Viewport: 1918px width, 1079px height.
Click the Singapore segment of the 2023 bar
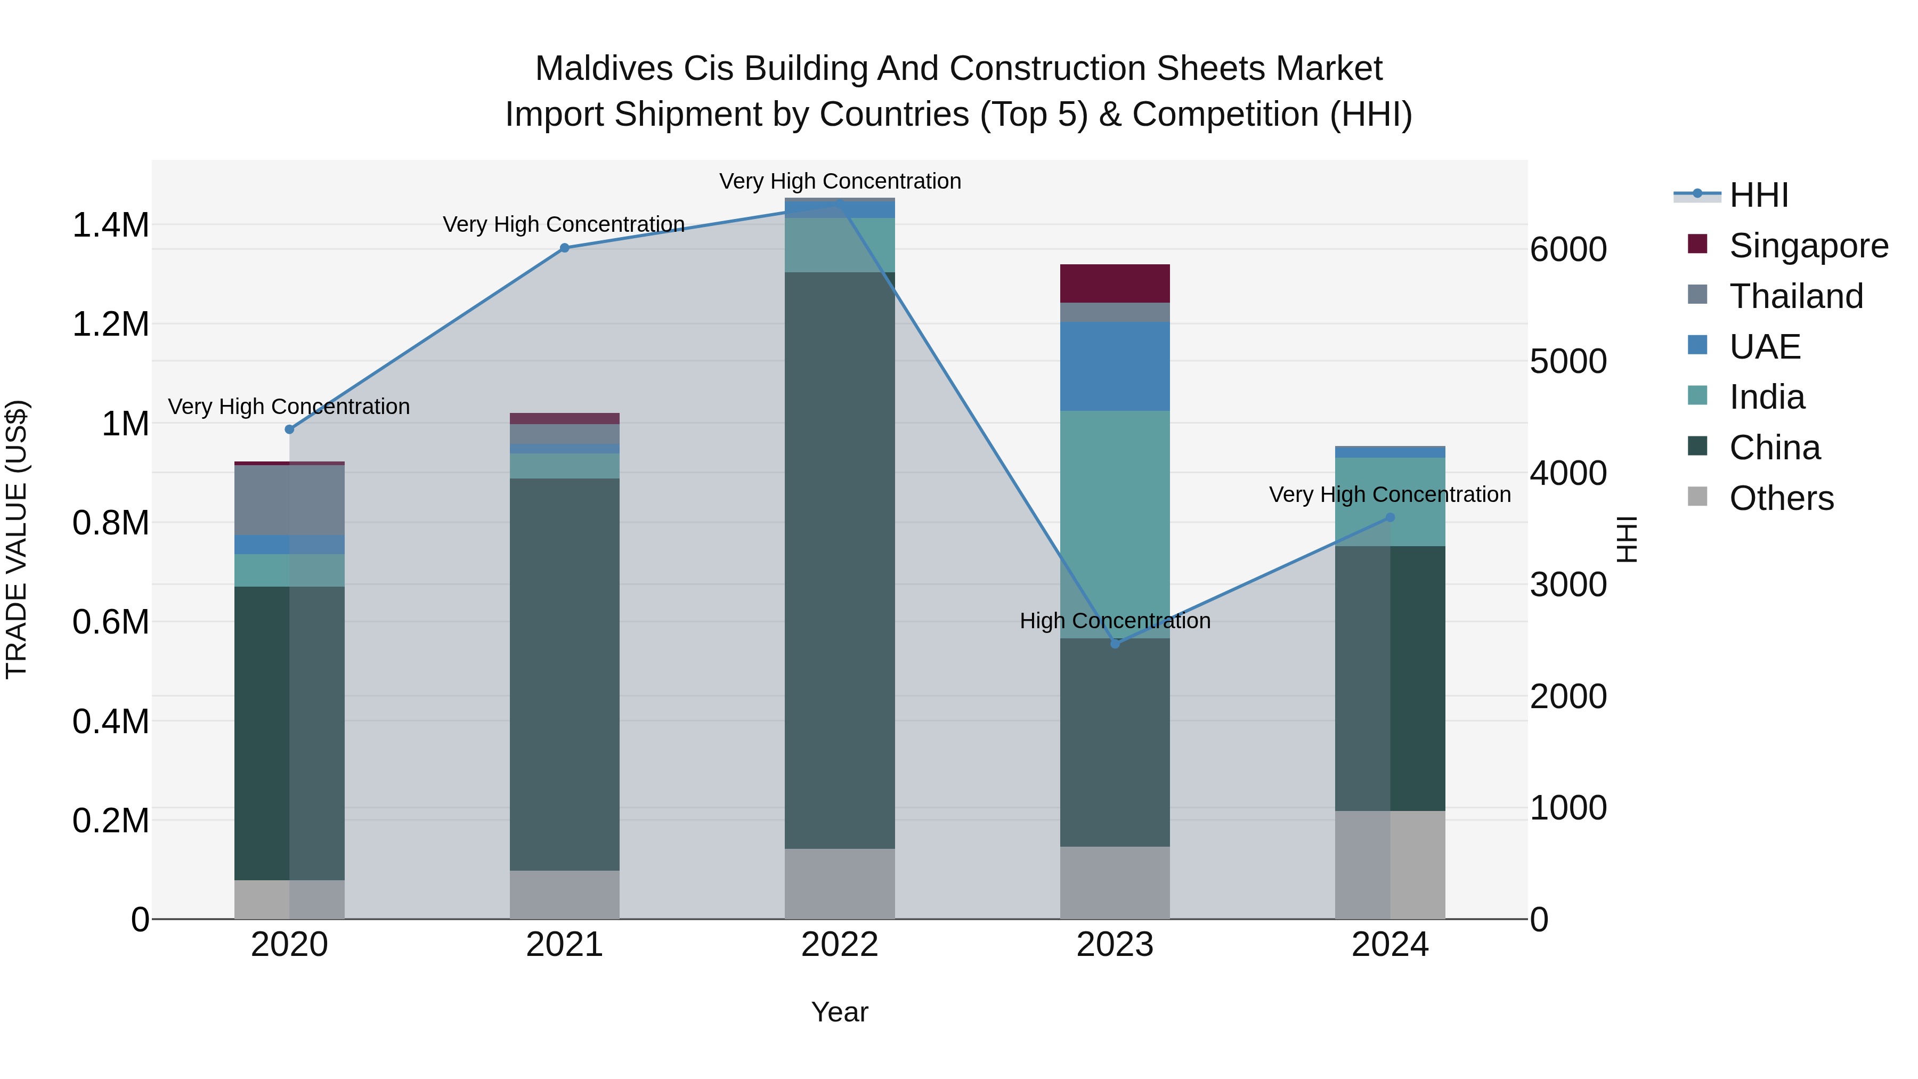click(1115, 283)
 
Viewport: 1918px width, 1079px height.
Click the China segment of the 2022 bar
click(839, 560)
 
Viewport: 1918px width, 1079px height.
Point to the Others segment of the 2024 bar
click(1389, 865)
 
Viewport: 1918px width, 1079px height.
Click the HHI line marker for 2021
click(564, 248)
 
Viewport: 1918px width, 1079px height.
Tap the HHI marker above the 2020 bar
click(290, 429)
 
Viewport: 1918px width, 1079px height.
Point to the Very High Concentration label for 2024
click(1389, 494)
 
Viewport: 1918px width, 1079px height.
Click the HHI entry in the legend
click(1758, 195)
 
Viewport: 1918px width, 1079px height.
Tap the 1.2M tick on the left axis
click(110, 324)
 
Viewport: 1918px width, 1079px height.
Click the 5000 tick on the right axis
click(1568, 362)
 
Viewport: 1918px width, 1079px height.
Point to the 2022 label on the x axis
click(839, 945)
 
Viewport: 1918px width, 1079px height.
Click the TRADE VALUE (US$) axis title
click(17, 539)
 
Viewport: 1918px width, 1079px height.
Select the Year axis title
click(839, 1012)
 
